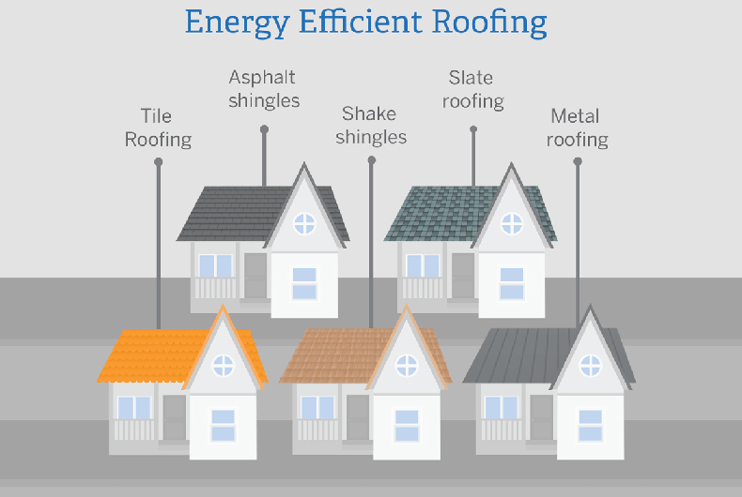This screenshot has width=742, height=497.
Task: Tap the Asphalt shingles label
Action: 264,88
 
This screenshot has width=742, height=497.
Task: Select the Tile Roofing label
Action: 158,128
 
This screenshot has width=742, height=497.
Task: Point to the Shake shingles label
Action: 371,125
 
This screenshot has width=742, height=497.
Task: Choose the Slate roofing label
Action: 472,89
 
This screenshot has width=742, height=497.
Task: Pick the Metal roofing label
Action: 577,128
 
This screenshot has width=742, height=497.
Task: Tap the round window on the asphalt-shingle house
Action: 304,223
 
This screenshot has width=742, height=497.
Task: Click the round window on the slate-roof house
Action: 511,223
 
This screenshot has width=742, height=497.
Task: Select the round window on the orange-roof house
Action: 224,365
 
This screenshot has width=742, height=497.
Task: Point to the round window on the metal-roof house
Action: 590,364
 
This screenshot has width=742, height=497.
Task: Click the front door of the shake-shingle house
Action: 358,417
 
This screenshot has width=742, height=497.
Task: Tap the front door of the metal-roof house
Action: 541,417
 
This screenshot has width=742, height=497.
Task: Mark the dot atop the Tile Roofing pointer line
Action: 158,162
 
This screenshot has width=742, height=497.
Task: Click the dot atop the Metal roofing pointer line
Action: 577,161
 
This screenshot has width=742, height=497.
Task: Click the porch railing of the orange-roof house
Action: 134,430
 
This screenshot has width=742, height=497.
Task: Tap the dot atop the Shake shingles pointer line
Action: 371,160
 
